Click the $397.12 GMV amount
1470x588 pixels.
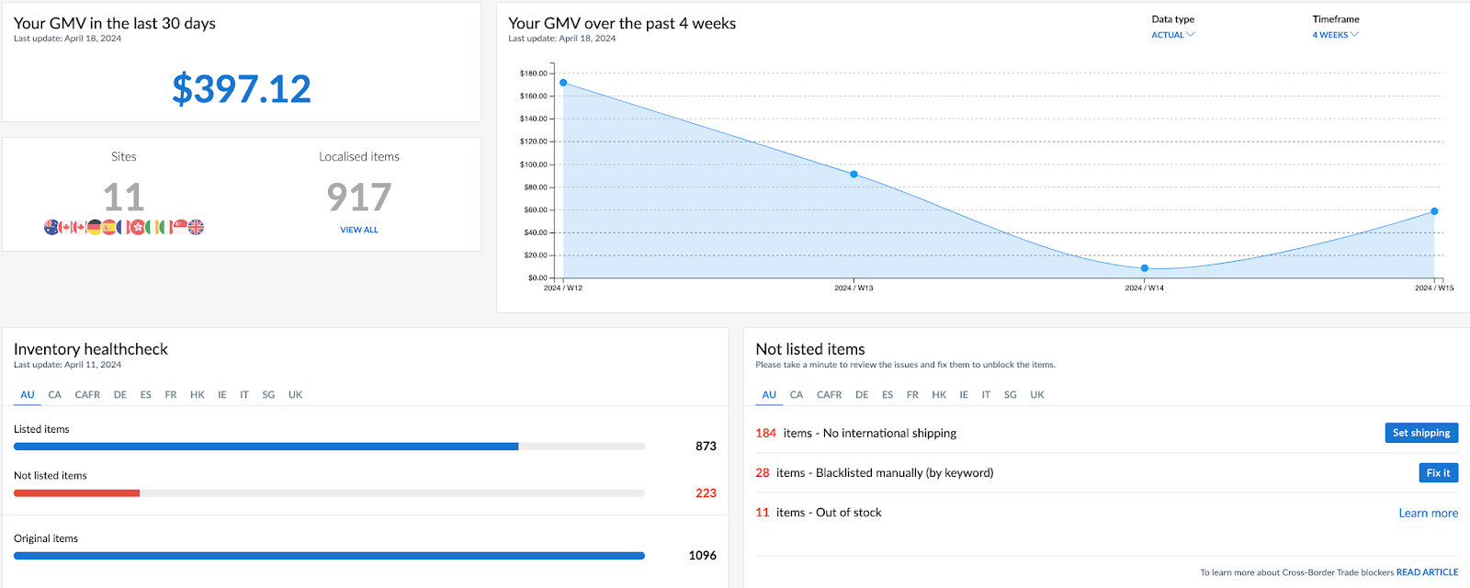242,89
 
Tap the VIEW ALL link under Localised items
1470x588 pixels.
359,230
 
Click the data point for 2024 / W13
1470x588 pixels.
854,175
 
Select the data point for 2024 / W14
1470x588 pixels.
1144,268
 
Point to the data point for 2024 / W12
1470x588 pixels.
563,83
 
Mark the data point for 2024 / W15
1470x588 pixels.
1434,211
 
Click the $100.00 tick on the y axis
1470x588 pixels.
533,164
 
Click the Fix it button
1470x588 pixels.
1438,472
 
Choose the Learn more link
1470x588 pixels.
1428,514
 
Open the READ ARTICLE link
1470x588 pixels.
1427,572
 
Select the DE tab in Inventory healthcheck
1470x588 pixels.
120,395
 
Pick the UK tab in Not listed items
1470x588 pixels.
1037,395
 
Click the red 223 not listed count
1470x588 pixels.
706,493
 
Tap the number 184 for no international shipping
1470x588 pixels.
765,433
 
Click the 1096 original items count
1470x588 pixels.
702,555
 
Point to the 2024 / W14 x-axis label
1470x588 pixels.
1144,288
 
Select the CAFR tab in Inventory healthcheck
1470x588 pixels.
87,395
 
